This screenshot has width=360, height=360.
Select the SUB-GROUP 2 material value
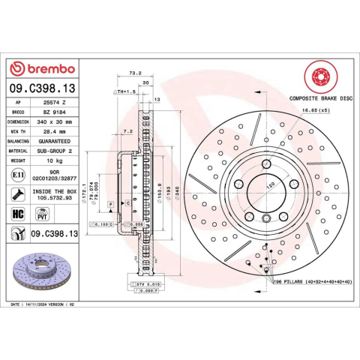(58, 150)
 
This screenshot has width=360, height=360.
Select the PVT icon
(43, 215)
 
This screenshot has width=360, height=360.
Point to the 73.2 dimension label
(136, 73)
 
